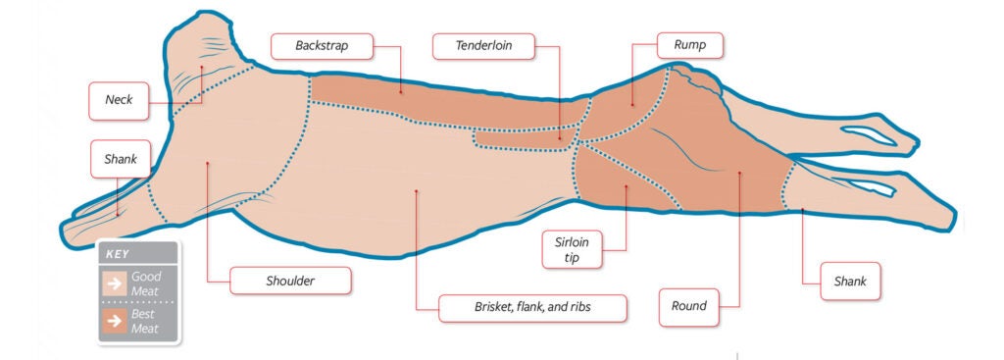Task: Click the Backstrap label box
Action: (x=323, y=45)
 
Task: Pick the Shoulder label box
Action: (x=291, y=281)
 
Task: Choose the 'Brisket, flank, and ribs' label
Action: (x=530, y=307)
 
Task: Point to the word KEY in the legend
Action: (x=119, y=253)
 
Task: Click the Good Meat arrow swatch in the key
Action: (x=116, y=284)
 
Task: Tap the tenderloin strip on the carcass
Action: (x=525, y=138)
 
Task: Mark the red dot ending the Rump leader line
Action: (x=631, y=105)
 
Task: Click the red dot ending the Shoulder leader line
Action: (x=209, y=164)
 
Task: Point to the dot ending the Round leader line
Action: (x=739, y=173)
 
